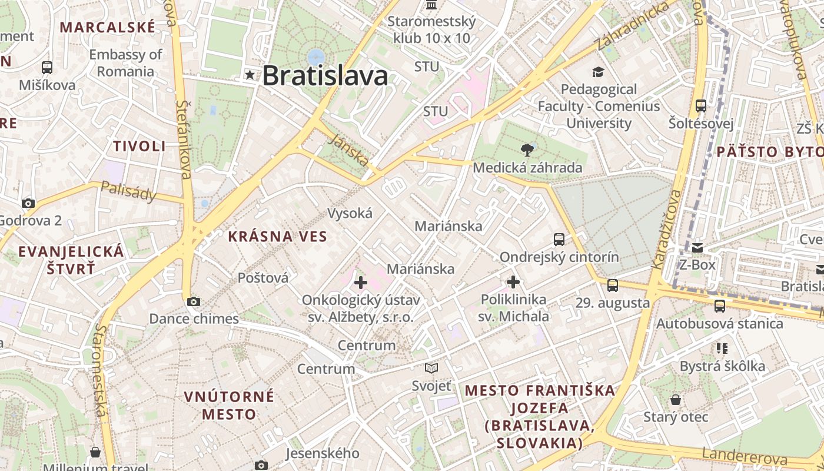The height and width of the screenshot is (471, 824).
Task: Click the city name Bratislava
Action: click(325, 75)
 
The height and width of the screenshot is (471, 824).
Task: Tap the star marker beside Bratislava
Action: click(250, 75)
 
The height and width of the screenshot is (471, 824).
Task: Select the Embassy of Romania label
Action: click(125, 63)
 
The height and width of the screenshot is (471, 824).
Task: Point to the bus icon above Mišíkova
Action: click(47, 68)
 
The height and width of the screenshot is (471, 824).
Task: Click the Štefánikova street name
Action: click(184, 139)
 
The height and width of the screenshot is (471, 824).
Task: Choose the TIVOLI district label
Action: click(139, 147)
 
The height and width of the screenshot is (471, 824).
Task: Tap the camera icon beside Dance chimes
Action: click(193, 302)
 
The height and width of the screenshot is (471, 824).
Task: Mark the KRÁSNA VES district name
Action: click(277, 237)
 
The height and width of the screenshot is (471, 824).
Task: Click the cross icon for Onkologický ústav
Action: click(360, 283)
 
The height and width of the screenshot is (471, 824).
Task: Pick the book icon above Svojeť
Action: click(431, 369)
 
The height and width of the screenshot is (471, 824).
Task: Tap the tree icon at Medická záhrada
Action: click(527, 150)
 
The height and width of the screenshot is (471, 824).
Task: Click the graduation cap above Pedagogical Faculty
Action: click(598, 72)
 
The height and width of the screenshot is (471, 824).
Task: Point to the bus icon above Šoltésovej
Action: click(700, 106)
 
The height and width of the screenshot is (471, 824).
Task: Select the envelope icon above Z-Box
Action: click(697, 247)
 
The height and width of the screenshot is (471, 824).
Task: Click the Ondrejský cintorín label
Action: click(559, 257)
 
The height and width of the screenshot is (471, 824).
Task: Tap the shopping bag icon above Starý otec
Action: click(676, 400)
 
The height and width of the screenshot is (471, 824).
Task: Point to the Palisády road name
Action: click(128, 191)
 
